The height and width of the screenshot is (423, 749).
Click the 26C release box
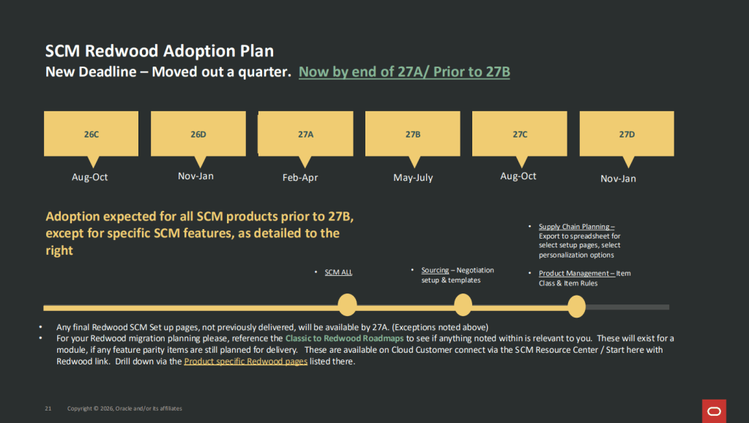[92, 134]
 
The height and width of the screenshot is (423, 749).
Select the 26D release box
[198, 134]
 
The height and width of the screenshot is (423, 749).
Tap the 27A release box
[306, 134]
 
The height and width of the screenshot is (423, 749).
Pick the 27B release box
[413, 134]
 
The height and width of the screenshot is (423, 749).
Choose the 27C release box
[520, 134]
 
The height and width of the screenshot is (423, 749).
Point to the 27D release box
[627, 134]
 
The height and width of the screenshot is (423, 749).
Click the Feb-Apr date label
[300, 178]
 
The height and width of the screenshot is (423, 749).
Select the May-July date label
[413, 178]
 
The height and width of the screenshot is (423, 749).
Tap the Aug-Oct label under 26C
[90, 177]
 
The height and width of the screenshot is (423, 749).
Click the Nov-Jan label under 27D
[618, 179]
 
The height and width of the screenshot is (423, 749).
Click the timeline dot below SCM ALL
[347, 305]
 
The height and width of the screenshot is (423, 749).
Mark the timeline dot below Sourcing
[463, 305]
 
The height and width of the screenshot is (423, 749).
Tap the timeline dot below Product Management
[577, 307]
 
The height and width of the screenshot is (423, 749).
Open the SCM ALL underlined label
[338, 272]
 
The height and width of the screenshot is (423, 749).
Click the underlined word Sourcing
[435, 270]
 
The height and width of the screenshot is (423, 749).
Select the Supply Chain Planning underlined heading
[576, 227]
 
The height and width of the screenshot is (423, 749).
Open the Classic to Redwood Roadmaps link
[344, 339]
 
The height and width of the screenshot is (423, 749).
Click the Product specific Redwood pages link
[245, 362]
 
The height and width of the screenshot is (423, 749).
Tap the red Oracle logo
[714, 411]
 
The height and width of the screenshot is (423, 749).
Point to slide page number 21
[48, 408]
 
